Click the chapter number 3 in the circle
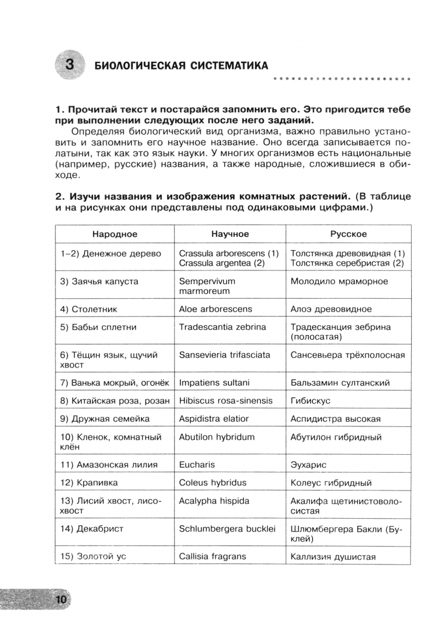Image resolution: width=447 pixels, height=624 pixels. tap(69, 64)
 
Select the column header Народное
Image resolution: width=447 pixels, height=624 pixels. tap(114, 234)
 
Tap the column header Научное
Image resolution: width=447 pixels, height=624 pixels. tap(230, 234)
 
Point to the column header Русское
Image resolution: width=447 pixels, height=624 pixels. tap(348, 234)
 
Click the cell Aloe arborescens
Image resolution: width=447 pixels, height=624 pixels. tap(216, 309)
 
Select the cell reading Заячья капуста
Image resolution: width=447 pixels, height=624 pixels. tap(99, 281)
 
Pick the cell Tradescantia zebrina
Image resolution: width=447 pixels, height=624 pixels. tap(223, 327)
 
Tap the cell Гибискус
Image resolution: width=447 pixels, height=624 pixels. tap(311, 400)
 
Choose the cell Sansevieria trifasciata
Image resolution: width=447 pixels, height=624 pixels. tap(224, 355)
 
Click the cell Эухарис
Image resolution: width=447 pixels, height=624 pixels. tap(309, 465)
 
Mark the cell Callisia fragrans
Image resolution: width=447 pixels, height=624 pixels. tap(212, 556)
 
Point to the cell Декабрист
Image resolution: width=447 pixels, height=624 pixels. tap(92, 529)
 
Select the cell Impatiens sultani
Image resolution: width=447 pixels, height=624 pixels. tap(215, 382)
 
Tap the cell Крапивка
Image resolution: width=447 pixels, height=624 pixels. tap(87, 482)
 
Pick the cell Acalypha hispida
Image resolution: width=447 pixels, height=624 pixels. tap(214, 500)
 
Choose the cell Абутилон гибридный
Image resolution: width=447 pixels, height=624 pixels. tap(336, 437)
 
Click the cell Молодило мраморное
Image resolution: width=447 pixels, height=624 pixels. tap(339, 281)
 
